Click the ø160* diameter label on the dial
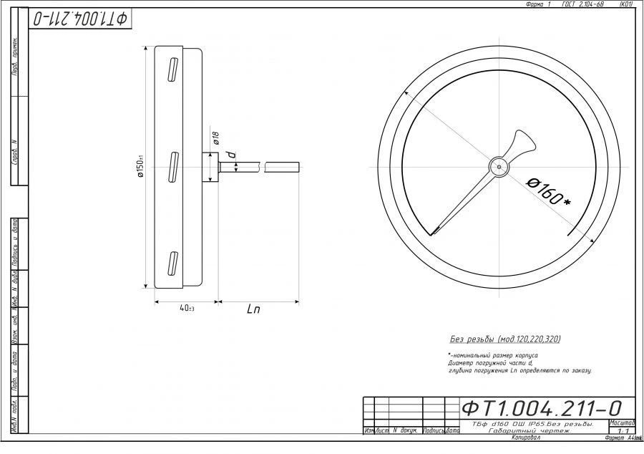[x=549, y=190]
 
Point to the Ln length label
[x=253, y=310]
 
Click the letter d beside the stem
[x=231, y=154]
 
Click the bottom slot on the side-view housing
[x=172, y=262]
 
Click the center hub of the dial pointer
[x=498, y=167]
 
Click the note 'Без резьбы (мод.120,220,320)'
[x=504, y=339]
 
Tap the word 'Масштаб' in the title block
[x=621, y=423]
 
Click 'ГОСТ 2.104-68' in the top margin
[x=583, y=4]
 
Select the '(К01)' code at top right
[x=625, y=4]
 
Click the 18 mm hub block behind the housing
[x=211, y=168]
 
